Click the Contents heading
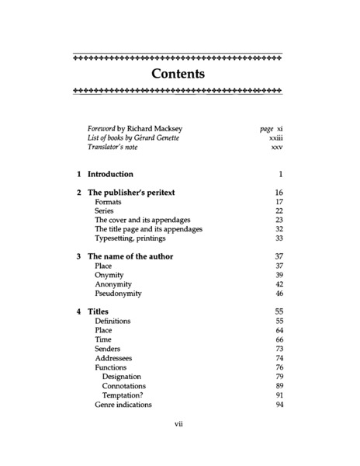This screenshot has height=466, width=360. coord(178,75)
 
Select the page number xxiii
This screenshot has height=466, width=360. coord(275,137)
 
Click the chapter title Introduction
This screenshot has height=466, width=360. coord(110,174)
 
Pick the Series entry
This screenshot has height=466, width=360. coord(105,211)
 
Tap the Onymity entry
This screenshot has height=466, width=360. coord(109,275)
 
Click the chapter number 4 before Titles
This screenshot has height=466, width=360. coord(78,311)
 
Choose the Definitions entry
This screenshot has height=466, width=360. coord(112,321)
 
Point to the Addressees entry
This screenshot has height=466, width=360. coord(113,358)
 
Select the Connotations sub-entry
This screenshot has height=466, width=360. coord(124,386)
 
